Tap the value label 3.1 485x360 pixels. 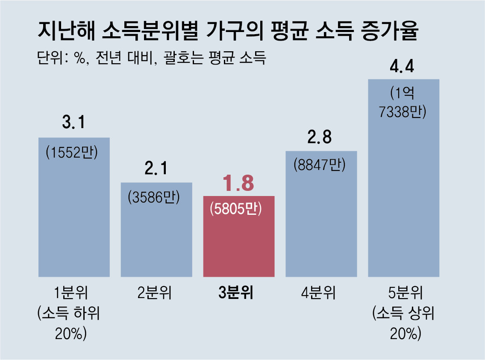[73, 123]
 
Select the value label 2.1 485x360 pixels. [156, 168]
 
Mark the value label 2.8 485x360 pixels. [321, 138]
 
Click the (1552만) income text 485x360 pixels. [72, 152]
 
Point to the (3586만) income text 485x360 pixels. [154, 197]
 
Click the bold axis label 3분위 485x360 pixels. [236, 293]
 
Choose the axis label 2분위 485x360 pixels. [154, 293]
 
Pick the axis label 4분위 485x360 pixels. [318, 293]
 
